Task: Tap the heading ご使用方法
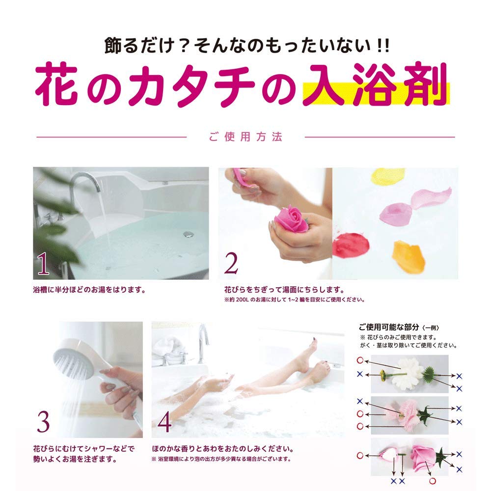click(x=246, y=137)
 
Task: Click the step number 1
click(x=43, y=265)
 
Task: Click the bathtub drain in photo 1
click(x=187, y=234)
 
